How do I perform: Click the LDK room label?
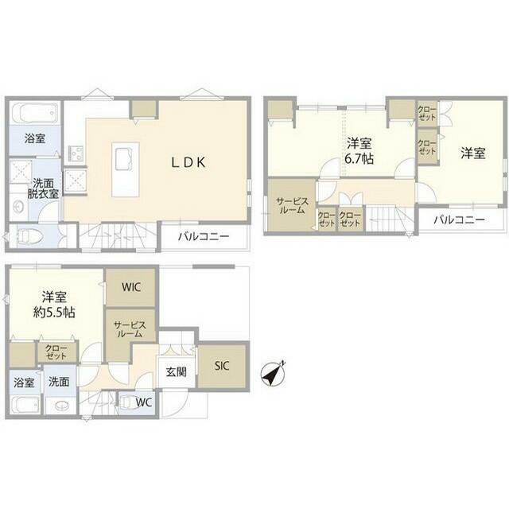[188, 162]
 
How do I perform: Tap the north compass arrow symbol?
[274, 373]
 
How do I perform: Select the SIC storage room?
[222, 366]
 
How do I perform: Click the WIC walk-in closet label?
[131, 287]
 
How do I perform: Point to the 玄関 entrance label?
[177, 372]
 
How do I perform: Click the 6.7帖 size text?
[359, 159]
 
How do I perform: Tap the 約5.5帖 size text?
[54, 313]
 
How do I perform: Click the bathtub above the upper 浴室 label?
[35, 113]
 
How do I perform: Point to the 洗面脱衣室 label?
[43, 188]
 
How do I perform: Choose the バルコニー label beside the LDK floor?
[204, 236]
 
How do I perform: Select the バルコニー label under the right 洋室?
[459, 220]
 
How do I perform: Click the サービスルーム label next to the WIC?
[130, 328]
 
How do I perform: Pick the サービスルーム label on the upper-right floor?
[292, 205]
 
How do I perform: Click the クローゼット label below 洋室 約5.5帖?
[56, 352]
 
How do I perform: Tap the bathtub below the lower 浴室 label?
[25, 405]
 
